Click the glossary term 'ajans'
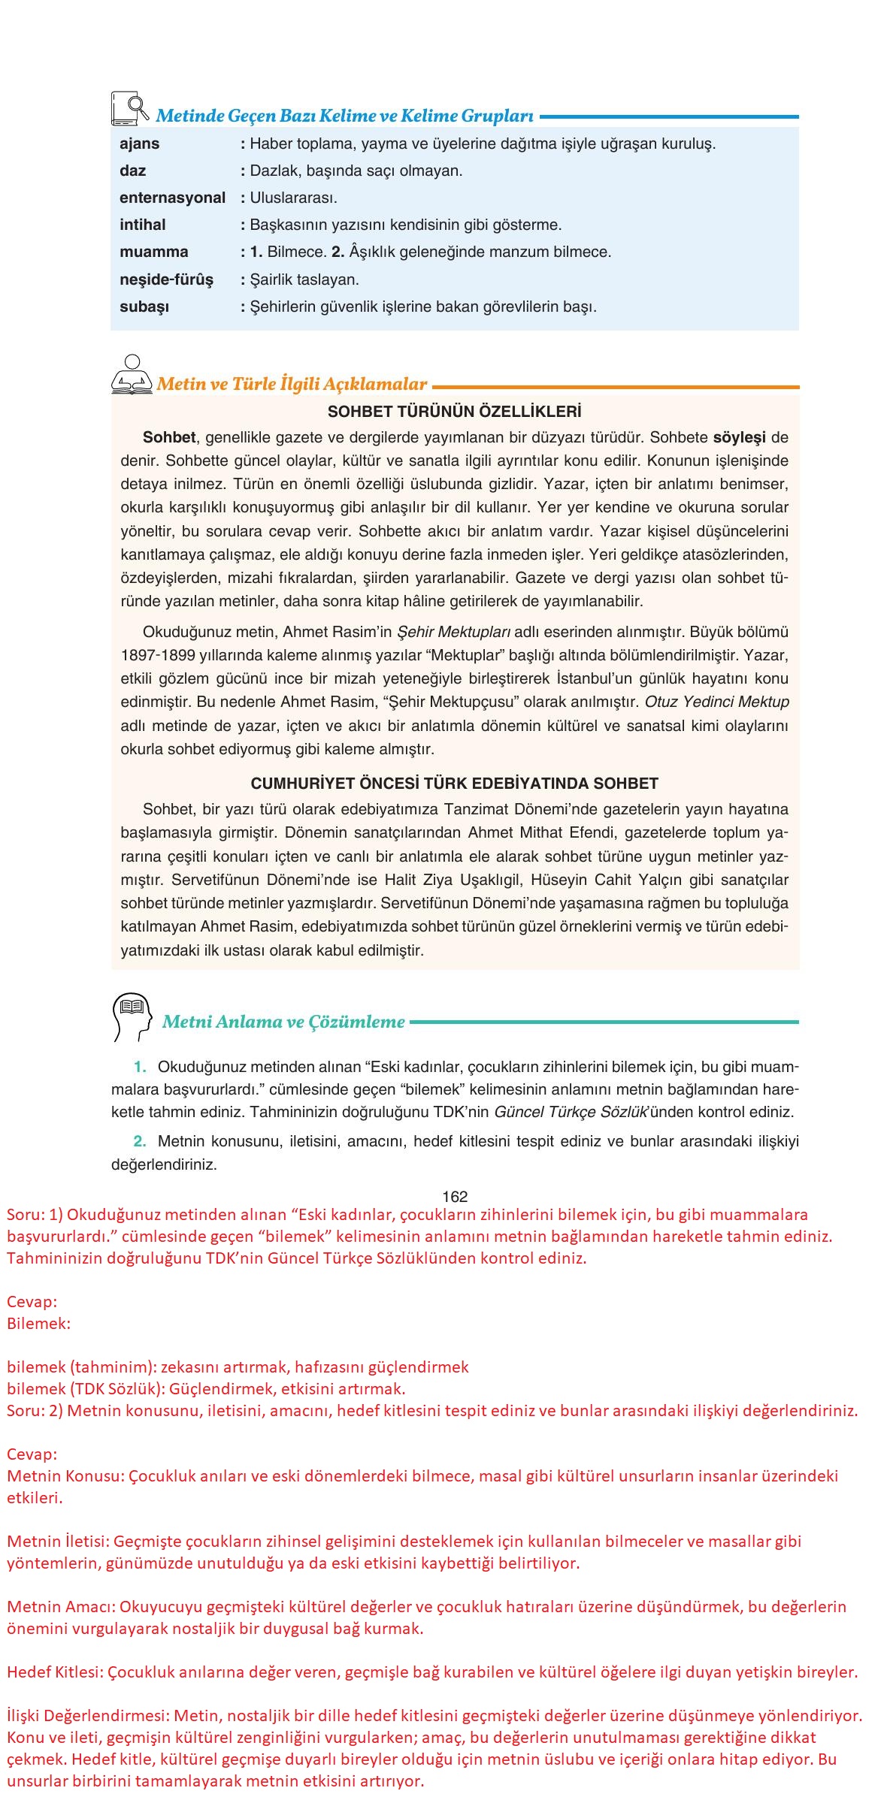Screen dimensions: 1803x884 [140, 143]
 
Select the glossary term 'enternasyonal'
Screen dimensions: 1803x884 [172, 198]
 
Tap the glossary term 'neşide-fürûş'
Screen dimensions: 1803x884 [166, 279]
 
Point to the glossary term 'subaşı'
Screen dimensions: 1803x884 [144, 307]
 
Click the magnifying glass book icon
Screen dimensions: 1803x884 [129, 108]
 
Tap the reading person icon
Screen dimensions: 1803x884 [132, 375]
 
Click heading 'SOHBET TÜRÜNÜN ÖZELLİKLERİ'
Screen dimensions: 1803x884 [455, 412]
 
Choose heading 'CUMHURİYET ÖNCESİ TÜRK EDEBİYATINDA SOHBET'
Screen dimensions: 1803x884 [454, 784]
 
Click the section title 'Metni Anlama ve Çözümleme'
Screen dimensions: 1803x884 [283, 1022]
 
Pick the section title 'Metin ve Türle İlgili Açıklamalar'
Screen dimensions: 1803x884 [292, 384]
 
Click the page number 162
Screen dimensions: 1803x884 [456, 1197]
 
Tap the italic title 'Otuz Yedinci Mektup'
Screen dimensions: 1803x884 [717, 702]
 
